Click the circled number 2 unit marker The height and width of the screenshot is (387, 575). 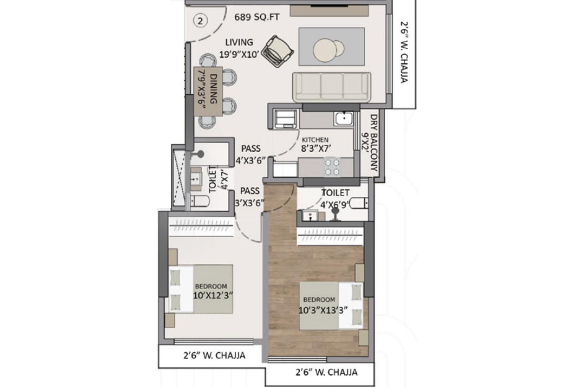coord(200,21)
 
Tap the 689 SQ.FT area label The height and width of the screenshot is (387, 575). coord(257,18)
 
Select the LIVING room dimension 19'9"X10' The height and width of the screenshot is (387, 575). coord(239,54)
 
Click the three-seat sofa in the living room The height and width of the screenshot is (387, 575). coord(332,87)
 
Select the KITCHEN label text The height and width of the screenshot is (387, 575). coord(315,140)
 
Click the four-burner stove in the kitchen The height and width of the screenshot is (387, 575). coord(332,167)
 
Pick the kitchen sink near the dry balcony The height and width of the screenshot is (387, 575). coord(343,118)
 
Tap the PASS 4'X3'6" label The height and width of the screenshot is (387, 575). coord(251,155)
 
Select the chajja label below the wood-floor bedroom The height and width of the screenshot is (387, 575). coord(326,373)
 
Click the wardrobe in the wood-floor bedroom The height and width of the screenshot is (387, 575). coord(331,237)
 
